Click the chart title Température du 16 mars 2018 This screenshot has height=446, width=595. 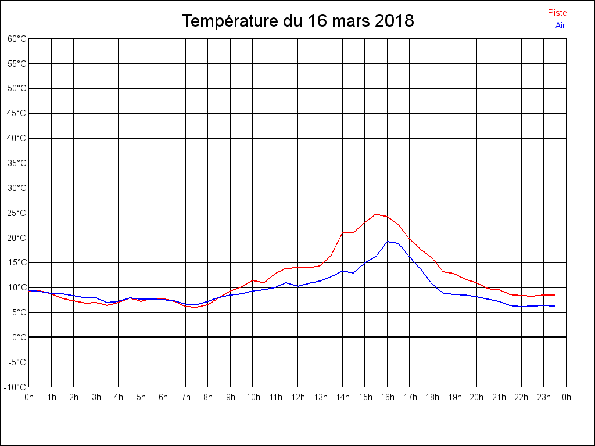click(x=297, y=21)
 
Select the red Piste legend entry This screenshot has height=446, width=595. click(x=557, y=13)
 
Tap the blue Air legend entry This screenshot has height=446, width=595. click(x=560, y=26)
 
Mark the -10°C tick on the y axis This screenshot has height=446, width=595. click(x=16, y=387)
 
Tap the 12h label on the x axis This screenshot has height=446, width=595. click(x=298, y=397)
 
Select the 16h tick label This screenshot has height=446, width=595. click(x=388, y=397)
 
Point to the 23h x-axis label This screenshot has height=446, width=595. click(x=544, y=397)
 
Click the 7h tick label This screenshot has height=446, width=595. click(x=186, y=397)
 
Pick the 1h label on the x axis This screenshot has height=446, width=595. click(x=52, y=397)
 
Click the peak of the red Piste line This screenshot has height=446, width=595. click(x=376, y=214)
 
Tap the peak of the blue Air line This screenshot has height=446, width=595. click(x=388, y=241)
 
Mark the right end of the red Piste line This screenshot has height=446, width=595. click(x=555, y=295)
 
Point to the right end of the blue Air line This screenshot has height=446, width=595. click(x=555, y=306)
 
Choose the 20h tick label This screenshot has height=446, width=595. click(x=477, y=397)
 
